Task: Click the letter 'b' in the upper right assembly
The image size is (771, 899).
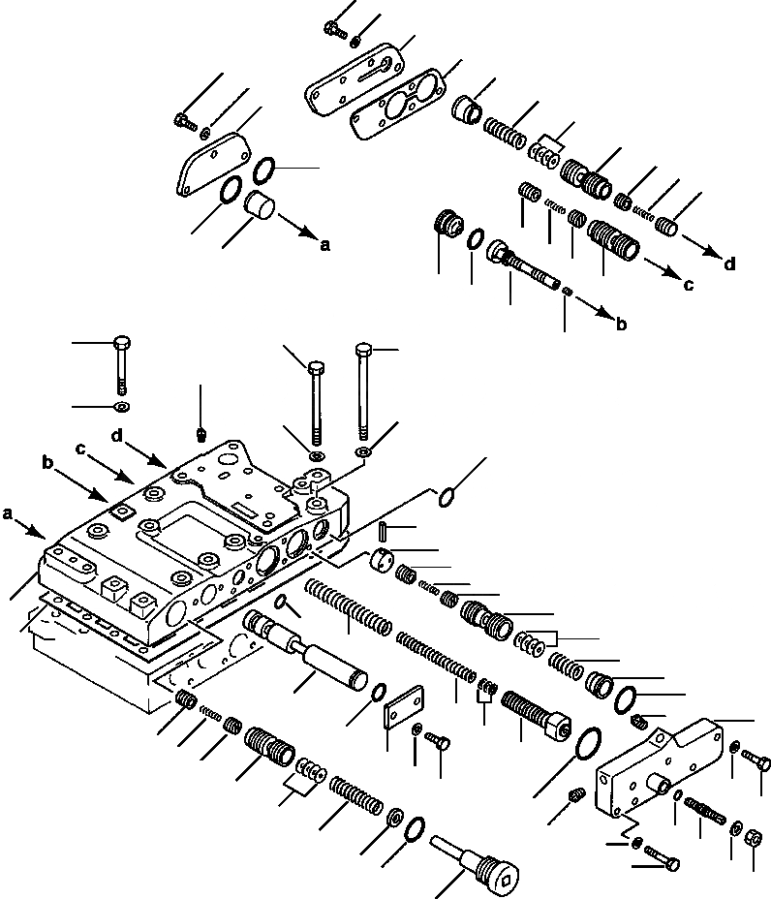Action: click(621, 325)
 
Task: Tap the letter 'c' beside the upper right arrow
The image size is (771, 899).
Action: click(688, 285)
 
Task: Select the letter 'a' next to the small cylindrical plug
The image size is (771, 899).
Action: click(324, 246)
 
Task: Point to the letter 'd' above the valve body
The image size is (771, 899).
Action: click(116, 436)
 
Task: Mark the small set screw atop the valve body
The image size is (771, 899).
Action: click(200, 433)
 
